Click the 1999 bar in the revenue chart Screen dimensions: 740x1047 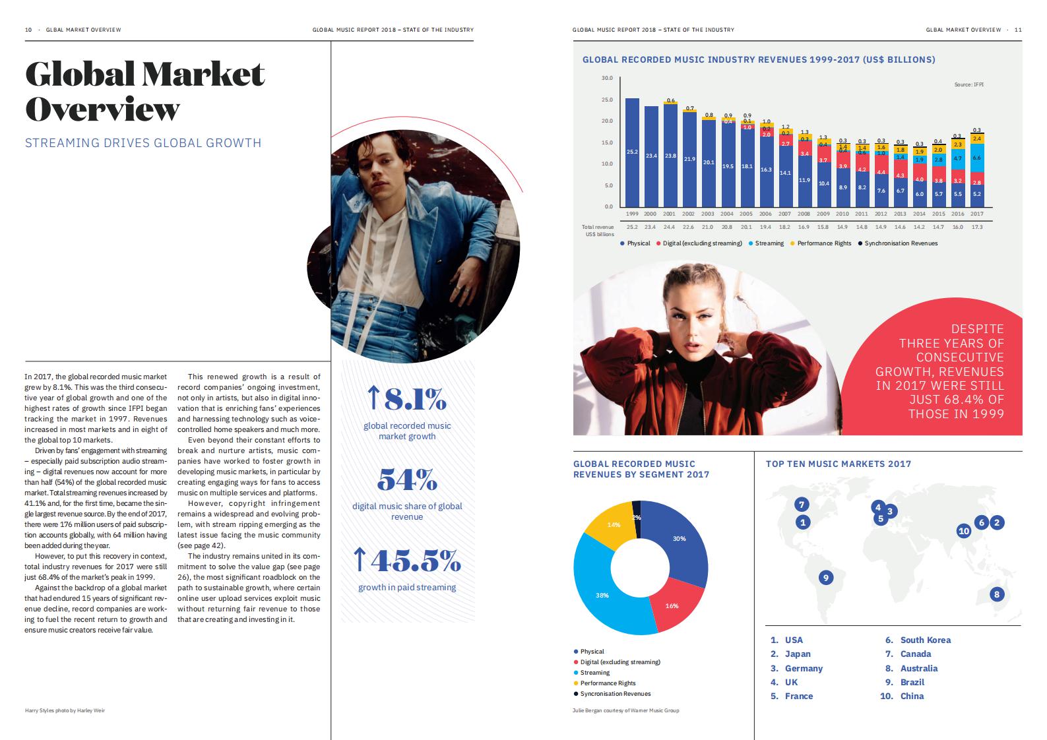tap(632, 152)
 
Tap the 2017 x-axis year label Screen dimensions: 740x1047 tap(977, 214)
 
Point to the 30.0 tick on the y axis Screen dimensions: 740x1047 tap(607, 78)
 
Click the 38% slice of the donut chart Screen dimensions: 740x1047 tap(602, 595)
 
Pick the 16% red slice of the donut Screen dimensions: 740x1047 tap(672, 605)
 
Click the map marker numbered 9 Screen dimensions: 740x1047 tap(825, 578)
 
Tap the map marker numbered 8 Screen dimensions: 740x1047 tap(996, 594)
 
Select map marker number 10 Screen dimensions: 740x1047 tap(964, 531)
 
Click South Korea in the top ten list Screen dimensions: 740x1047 tap(925, 640)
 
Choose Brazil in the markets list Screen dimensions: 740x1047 tap(912, 682)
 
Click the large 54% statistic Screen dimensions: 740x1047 tap(407, 479)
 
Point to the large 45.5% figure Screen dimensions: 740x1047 tap(416, 561)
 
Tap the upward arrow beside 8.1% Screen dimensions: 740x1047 tap(373, 398)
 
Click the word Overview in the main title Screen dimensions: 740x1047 tap(102, 109)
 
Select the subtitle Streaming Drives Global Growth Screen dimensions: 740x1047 tap(143, 142)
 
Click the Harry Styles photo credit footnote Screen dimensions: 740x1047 tap(65, 710)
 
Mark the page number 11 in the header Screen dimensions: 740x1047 tap(1018, 30)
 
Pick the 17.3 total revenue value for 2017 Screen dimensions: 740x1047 tap(977, 227)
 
